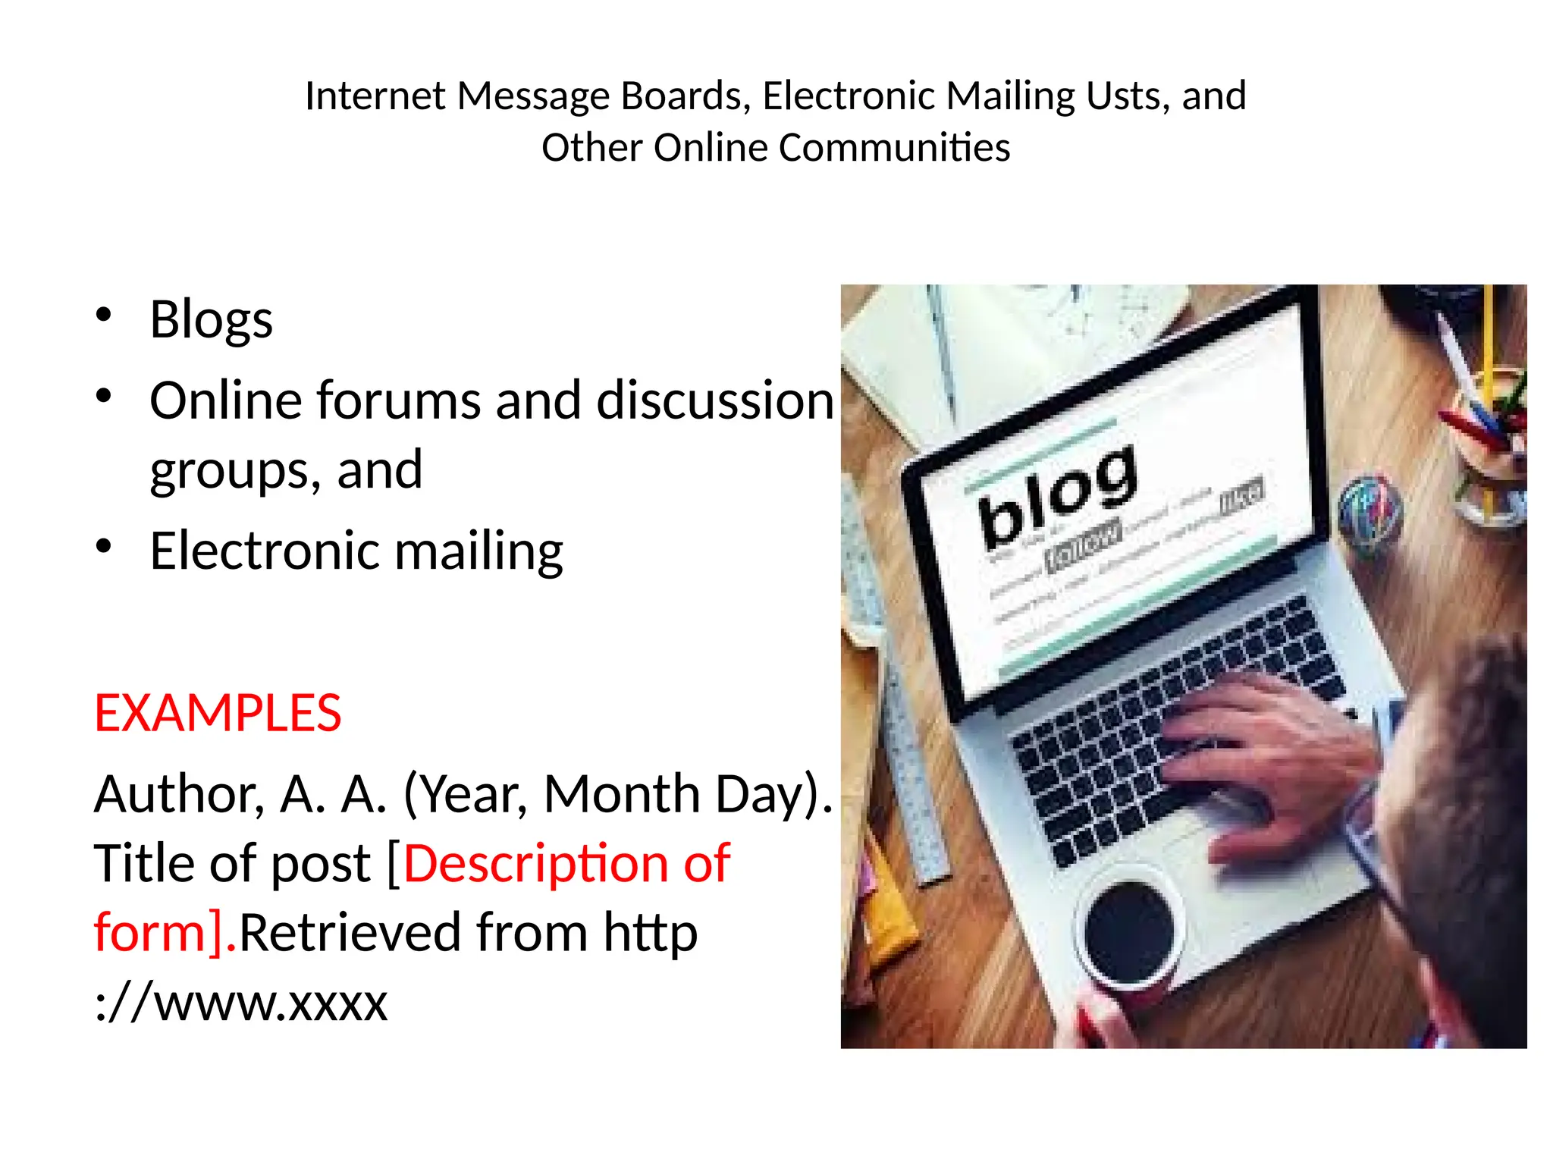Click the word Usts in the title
pos(1126,96)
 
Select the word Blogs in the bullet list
pos(211,319)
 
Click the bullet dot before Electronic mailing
pos(104,546)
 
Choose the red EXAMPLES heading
pos(218,713)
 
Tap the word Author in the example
pos(179,794)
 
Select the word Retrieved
pos(350,932)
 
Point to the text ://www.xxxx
pos(240,1002)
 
